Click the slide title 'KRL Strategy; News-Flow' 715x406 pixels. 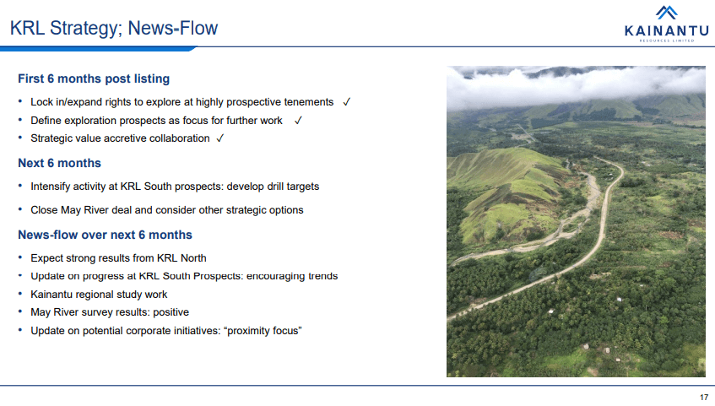point(114,29)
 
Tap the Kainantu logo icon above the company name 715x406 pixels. point(666,13)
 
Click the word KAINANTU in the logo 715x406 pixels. point(666,30)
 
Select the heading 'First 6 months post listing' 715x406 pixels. point(94,78)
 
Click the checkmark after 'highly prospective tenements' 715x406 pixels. point(347,102)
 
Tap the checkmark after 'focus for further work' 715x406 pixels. point(298,121)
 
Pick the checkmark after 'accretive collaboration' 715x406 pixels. point(219,138)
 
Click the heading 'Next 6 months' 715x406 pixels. point(59,163)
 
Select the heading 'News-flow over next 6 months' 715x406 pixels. point(105,235)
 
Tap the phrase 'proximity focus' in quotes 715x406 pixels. point(263,331)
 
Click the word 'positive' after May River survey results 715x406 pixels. point(171,312)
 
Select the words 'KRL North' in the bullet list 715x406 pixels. point(181,258)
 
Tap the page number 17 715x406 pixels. point(704,398)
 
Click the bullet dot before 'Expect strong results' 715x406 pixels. point(20,257)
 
